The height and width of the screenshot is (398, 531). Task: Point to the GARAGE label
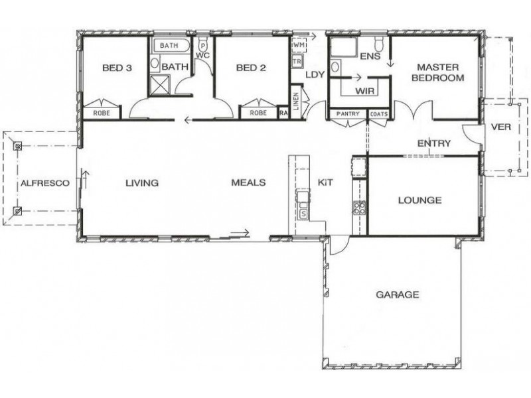[x=398, y=295]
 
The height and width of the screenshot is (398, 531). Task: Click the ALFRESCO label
[x=41, y=183]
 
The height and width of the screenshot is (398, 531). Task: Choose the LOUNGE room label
[x=419, y=200]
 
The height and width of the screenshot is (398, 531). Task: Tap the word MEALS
[x=248, y=183]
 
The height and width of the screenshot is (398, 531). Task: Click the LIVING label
[x=142, y=183]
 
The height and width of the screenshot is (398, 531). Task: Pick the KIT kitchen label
[x=325, y=182]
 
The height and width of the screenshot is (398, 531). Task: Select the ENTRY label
[x=434, y=143]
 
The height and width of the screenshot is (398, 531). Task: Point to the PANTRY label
[x=348, y=114]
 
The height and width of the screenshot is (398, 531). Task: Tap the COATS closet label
[x=379, y=114]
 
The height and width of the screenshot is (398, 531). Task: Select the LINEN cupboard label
[x=296, y=103]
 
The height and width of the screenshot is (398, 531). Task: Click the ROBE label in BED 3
[x=101, y=113]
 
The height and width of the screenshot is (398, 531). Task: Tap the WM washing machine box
[x=299, y=44]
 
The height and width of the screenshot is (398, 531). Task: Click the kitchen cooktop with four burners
[x=359, y=207]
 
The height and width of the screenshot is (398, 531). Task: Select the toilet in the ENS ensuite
[x=379, y=45]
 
